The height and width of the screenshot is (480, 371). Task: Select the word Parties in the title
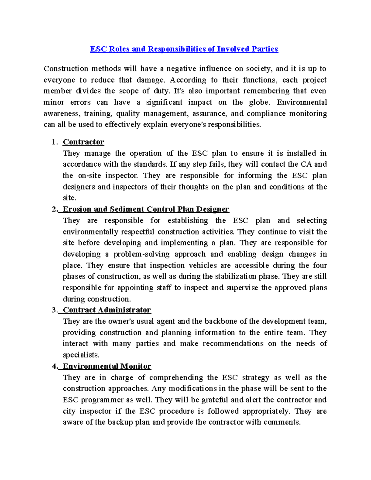coord(265,49)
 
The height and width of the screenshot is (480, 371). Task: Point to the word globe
coord(259,102)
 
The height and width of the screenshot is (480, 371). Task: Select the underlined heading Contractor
coord(83,142)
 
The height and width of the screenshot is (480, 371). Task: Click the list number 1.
coord(54,142)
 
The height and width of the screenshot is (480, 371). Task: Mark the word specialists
coord(81,355)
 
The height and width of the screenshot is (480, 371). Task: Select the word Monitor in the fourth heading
coord(136,366)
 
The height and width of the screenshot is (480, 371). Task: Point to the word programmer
coord(102,400)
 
